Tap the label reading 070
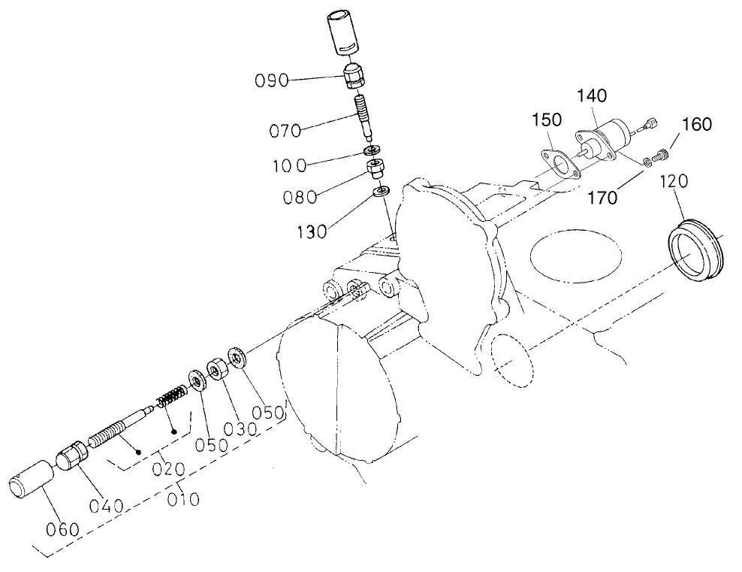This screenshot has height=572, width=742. point(286,131)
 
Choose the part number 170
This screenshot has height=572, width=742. point(603,198)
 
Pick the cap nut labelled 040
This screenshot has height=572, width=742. point(74,456)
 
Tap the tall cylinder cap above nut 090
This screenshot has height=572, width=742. point(342,35)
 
